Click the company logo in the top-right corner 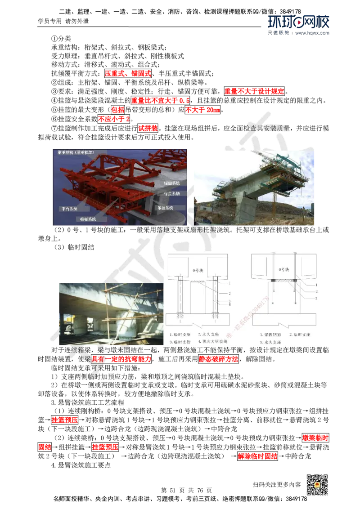click(299, 25)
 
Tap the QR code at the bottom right click(316, 485)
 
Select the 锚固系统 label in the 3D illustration click(171, 183)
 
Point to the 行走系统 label click(171, 193)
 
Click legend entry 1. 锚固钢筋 click(270, 335)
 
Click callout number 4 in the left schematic click(230, 305)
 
